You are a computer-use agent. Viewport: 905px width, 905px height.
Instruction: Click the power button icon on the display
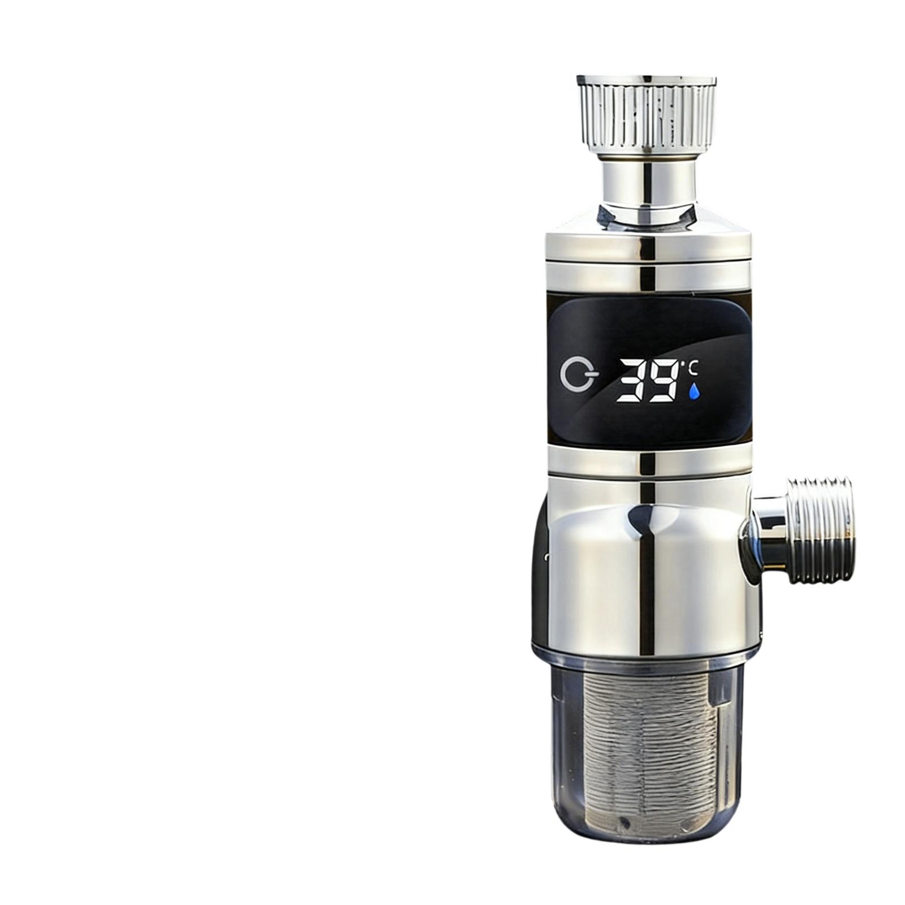(x=579, y=376)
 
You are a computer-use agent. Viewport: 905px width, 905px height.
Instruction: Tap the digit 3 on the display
(x=631, y=381)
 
